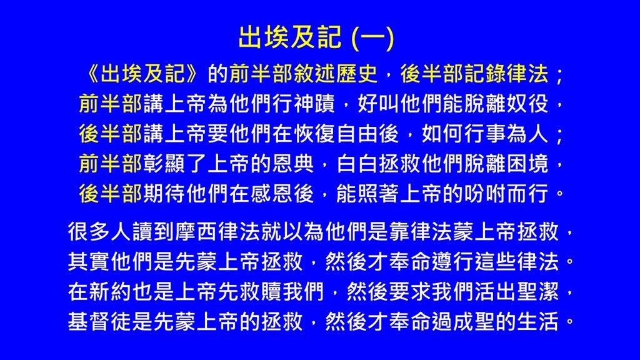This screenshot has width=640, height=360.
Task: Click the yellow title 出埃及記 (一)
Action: pyautogui.click(x=316, y=37)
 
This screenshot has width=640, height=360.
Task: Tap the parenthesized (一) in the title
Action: pyautogui.click(x=372, y=38)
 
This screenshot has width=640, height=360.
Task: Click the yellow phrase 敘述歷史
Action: pyautogui.click(x=335, y=74)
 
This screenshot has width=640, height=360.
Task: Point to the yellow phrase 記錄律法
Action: pyautogui.click(x=506, y=74)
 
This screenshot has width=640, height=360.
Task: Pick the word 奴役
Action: pyautogui.click(x=527, y=104)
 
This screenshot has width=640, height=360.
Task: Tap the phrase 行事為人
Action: pyautogui.click(x=506, y=134)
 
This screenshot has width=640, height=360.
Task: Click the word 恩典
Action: pyautogui.click(x=292, y=164)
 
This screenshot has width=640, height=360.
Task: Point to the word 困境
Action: pyautogui.click(x=527, y=164)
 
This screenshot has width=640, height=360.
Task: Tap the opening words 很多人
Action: pyautogui.click(x=100, y=232)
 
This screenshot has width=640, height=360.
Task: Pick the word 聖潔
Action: pyautogui.click(x=537, y=292)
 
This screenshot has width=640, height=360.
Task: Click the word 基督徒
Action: pyautogui.click(x=100, y=322)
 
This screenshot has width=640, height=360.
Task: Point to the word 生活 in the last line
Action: pyautogui.click(x=537, y=322)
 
